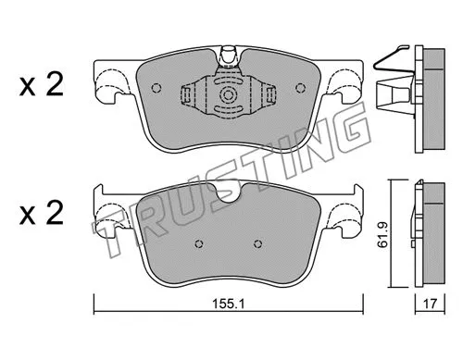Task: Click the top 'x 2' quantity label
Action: [42, 88]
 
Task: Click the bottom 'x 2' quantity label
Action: [42, 215]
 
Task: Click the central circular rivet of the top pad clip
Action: [227, 95]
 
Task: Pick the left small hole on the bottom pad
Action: [198, 245]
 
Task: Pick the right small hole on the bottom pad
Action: [257, 245]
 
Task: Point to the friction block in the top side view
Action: [430, 98]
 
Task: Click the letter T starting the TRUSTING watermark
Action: [116, 236]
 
